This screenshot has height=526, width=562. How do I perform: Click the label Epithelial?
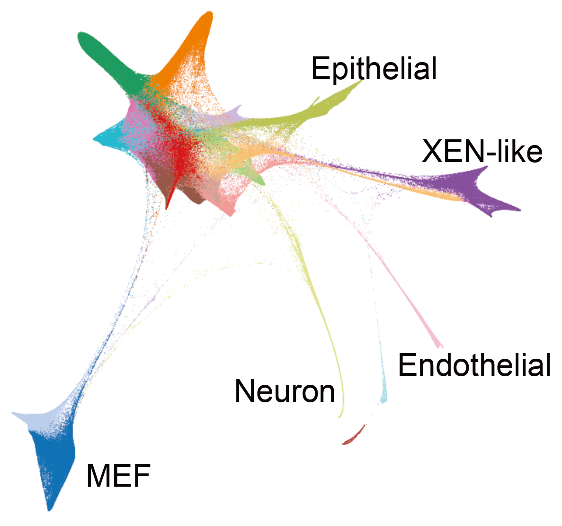click(374, 68)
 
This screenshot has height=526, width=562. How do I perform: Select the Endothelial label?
click(474, 365)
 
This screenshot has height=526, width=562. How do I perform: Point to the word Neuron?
click(285, 391)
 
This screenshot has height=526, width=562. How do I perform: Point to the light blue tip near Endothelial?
click(384, 396)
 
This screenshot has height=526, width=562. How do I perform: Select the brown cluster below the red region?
click(189, 192)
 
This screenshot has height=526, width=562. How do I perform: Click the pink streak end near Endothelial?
click(438, 344)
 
